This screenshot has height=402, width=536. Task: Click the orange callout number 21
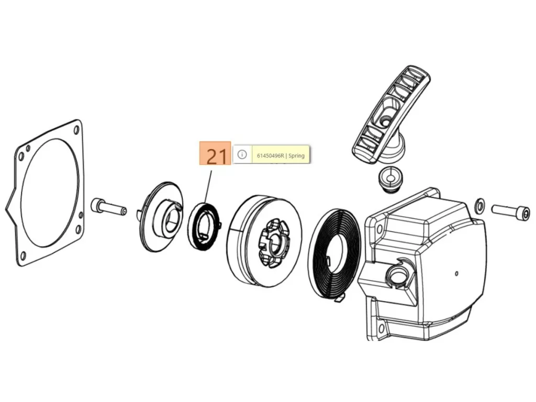215,153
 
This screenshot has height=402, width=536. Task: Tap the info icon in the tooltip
242,154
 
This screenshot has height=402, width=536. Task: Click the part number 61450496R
271,155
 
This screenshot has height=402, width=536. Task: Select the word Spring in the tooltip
296,155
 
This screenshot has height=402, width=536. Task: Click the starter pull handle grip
392,115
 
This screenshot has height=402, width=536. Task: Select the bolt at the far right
511,213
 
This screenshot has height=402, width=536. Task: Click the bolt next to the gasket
109,206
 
